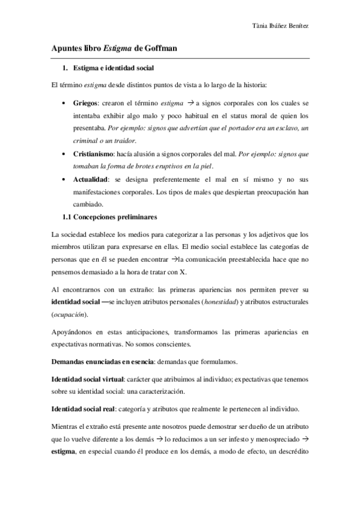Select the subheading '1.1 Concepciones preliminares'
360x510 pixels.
(x=109, y=217)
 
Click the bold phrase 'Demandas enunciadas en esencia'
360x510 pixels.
(x=103, y=361)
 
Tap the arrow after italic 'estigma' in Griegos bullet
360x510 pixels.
(x=190, y=102)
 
